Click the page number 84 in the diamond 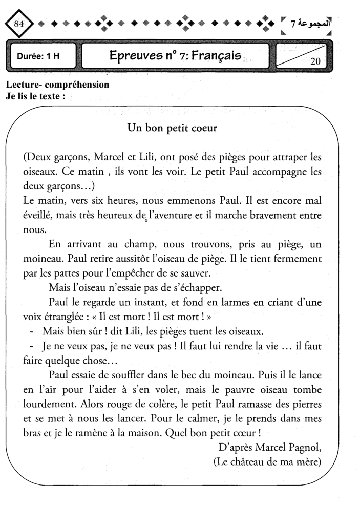point(20,24)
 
